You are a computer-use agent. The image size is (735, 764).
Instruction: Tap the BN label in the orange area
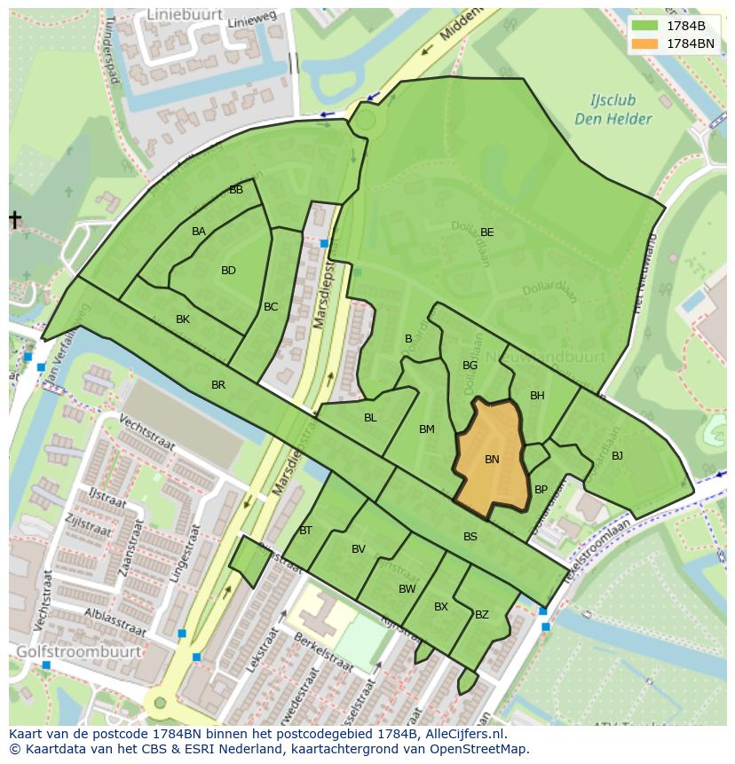point(492,460)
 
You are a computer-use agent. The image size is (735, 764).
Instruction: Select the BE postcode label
point(486,232)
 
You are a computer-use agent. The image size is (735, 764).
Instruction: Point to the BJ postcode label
point(617,456)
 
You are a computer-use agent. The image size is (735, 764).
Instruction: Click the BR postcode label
point(218,385)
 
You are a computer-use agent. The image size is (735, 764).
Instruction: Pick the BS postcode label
point(470,536)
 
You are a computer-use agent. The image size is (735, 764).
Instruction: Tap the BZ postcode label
point(482,614)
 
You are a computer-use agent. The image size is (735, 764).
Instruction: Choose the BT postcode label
point(305,531)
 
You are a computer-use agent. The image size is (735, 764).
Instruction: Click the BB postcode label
point(236,190)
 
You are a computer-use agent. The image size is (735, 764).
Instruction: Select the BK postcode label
point(183,319)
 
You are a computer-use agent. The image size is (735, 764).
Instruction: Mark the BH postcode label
point(537,396)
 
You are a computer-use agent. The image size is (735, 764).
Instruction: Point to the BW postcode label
point(407,589)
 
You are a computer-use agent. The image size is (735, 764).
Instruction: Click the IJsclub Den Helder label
point(613,110)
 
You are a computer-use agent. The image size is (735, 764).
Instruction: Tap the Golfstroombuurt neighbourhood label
point(78,651)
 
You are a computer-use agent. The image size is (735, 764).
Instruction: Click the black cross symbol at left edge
point(15,219)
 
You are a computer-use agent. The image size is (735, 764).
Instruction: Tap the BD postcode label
point(228,271)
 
